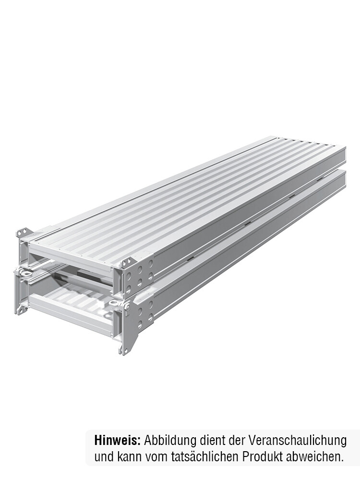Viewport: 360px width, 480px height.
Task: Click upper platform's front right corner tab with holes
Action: click(127, 262)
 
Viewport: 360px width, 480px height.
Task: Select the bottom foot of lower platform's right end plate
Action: click(124, 349)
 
